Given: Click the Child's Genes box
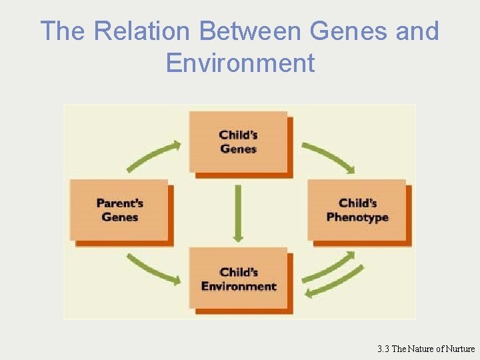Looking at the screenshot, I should tap(238, 142).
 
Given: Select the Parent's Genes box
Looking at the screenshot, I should tap(120, 210).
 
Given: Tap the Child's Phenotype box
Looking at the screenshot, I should tap(357, 210).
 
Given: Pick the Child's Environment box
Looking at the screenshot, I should tap(238, 279).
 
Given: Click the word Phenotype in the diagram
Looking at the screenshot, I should tap(357, 217).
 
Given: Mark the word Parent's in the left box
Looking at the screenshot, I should tap(120, 203).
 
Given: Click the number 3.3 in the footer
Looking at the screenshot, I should tap(383, 349).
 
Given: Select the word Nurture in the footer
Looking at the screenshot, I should tap(457, 349).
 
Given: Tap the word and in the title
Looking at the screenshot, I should tap(418, 31).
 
